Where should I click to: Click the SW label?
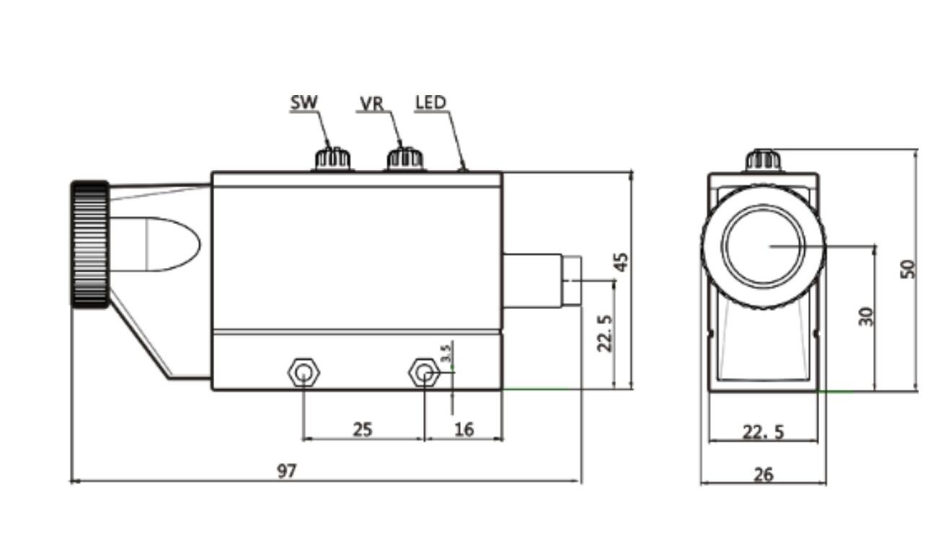tap(304, 102)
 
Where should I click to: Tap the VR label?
tap(371, 104)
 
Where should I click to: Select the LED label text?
tap(431, 102)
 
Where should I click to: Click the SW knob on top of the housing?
tap(332, 158)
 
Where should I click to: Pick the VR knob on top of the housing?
tap(405, 158)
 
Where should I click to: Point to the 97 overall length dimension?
tap(287, 471)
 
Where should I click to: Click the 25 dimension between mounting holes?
tap(363, 429)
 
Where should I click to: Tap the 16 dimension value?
tap(464, 429)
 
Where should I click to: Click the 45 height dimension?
tap(621, 261)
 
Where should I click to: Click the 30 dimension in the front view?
tap(866, 316)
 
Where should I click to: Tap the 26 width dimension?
tap(763, 474)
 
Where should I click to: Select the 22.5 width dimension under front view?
tap(764, 432)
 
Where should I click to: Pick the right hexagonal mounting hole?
tap(425, 373)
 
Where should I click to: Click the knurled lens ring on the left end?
tap(90, 243)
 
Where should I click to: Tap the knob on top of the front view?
tap(763, 160)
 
